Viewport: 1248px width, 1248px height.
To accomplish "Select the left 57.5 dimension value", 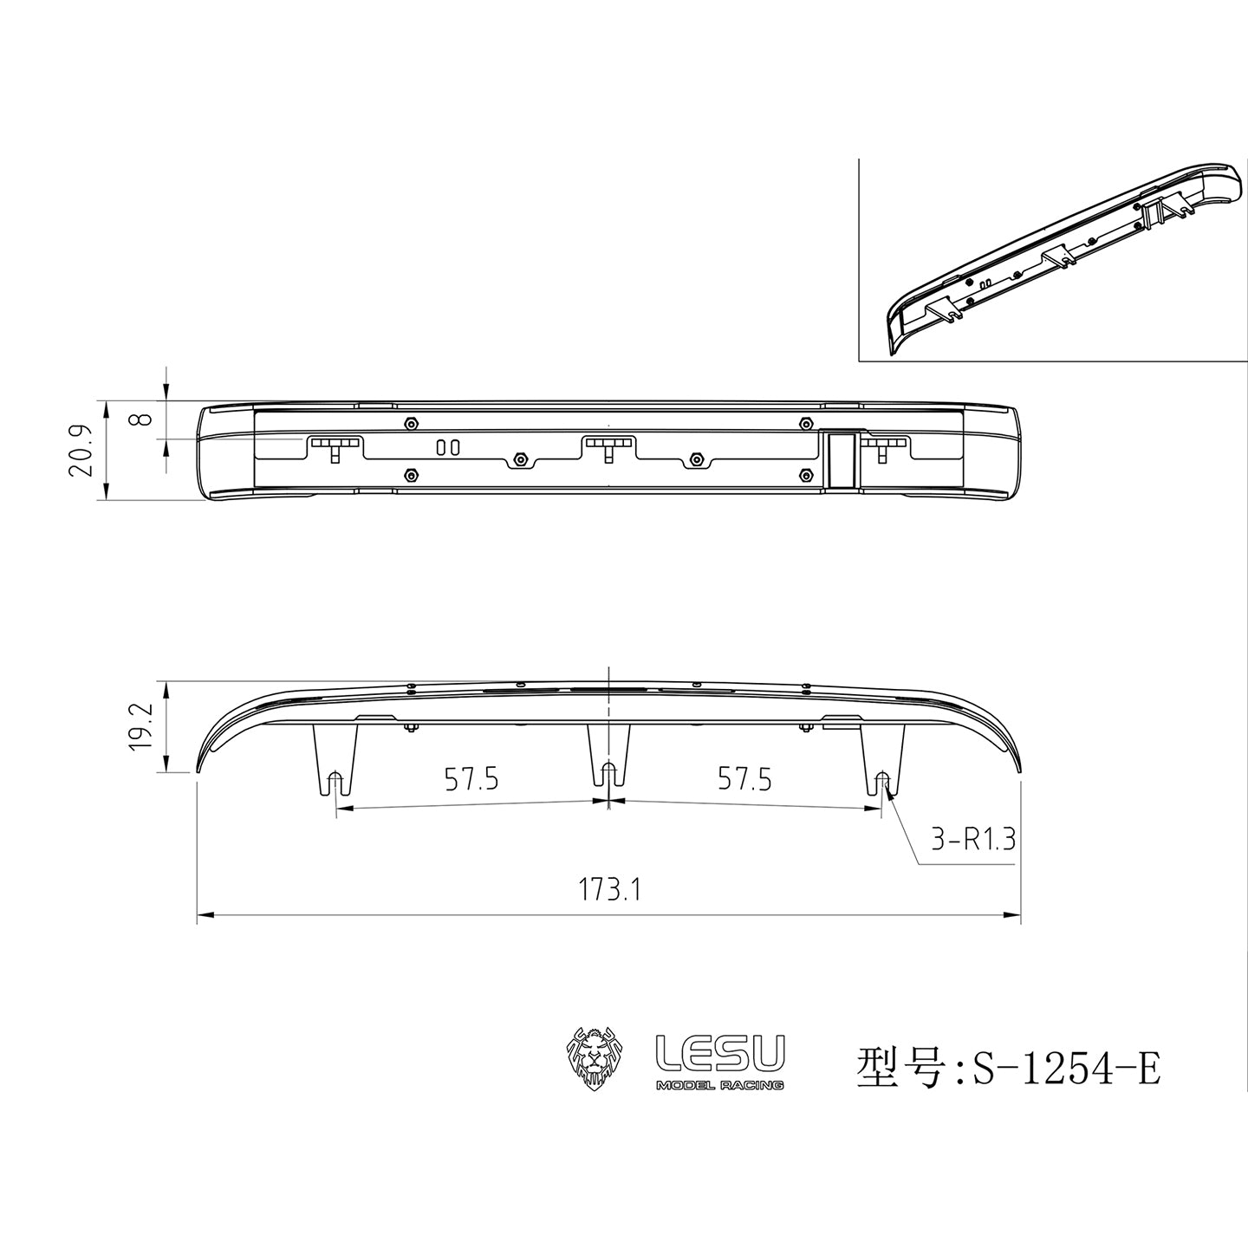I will (x=471, y=780).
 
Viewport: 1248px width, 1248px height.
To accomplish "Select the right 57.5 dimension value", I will (x=744, y=780).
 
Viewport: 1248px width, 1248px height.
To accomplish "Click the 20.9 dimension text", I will (x=81, y=451).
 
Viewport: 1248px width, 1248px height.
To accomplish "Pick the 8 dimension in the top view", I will (x=144, y=419).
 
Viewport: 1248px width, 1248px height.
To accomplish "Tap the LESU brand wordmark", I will (x=720, y=1052).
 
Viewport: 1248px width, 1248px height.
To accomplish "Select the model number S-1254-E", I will (x=1066, y=1068).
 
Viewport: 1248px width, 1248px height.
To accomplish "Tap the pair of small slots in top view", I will (x=447, y=447).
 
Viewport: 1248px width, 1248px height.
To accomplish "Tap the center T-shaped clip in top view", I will (x=610, y=445).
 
